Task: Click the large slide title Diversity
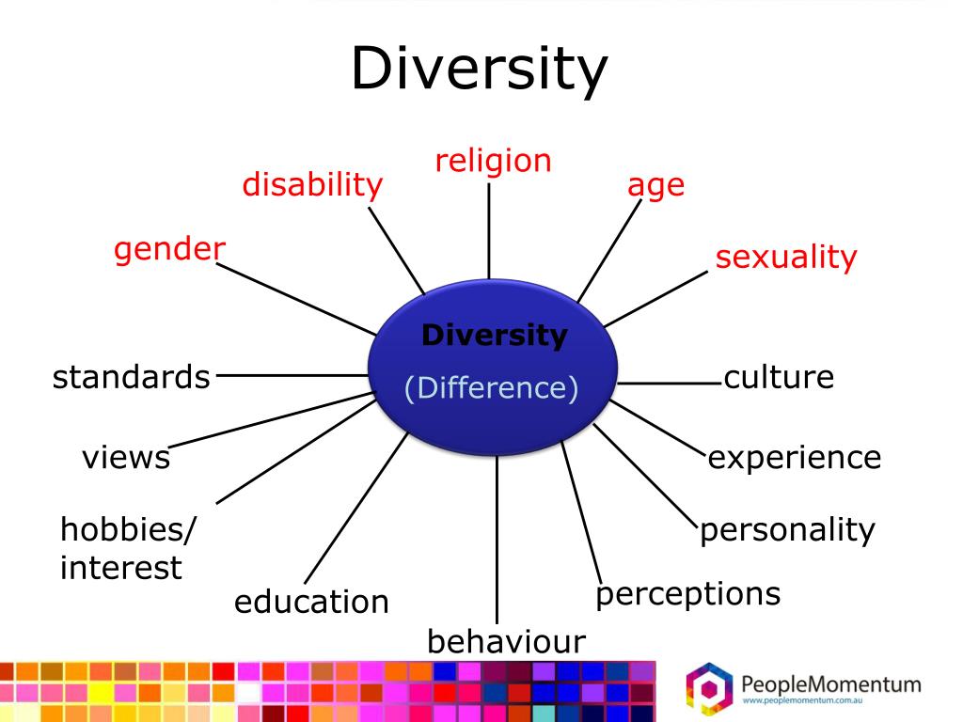point(480,71)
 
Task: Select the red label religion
point(492,162)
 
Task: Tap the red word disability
point(312,185)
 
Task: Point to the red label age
point(655,186)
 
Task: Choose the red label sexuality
point(786,258)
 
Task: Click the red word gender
point(170,250)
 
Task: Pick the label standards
point(131,377)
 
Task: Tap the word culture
point(779,377)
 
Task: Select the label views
point(126,458)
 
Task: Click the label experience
point(795,458)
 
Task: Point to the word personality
point(787,529)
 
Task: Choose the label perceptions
point(688,594)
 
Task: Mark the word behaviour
point(506,641)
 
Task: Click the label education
point(311,602)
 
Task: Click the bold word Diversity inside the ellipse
point(494,335)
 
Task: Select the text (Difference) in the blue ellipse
point(491,387)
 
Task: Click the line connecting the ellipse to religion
point(489,230)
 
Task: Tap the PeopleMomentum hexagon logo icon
point(708,687)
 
